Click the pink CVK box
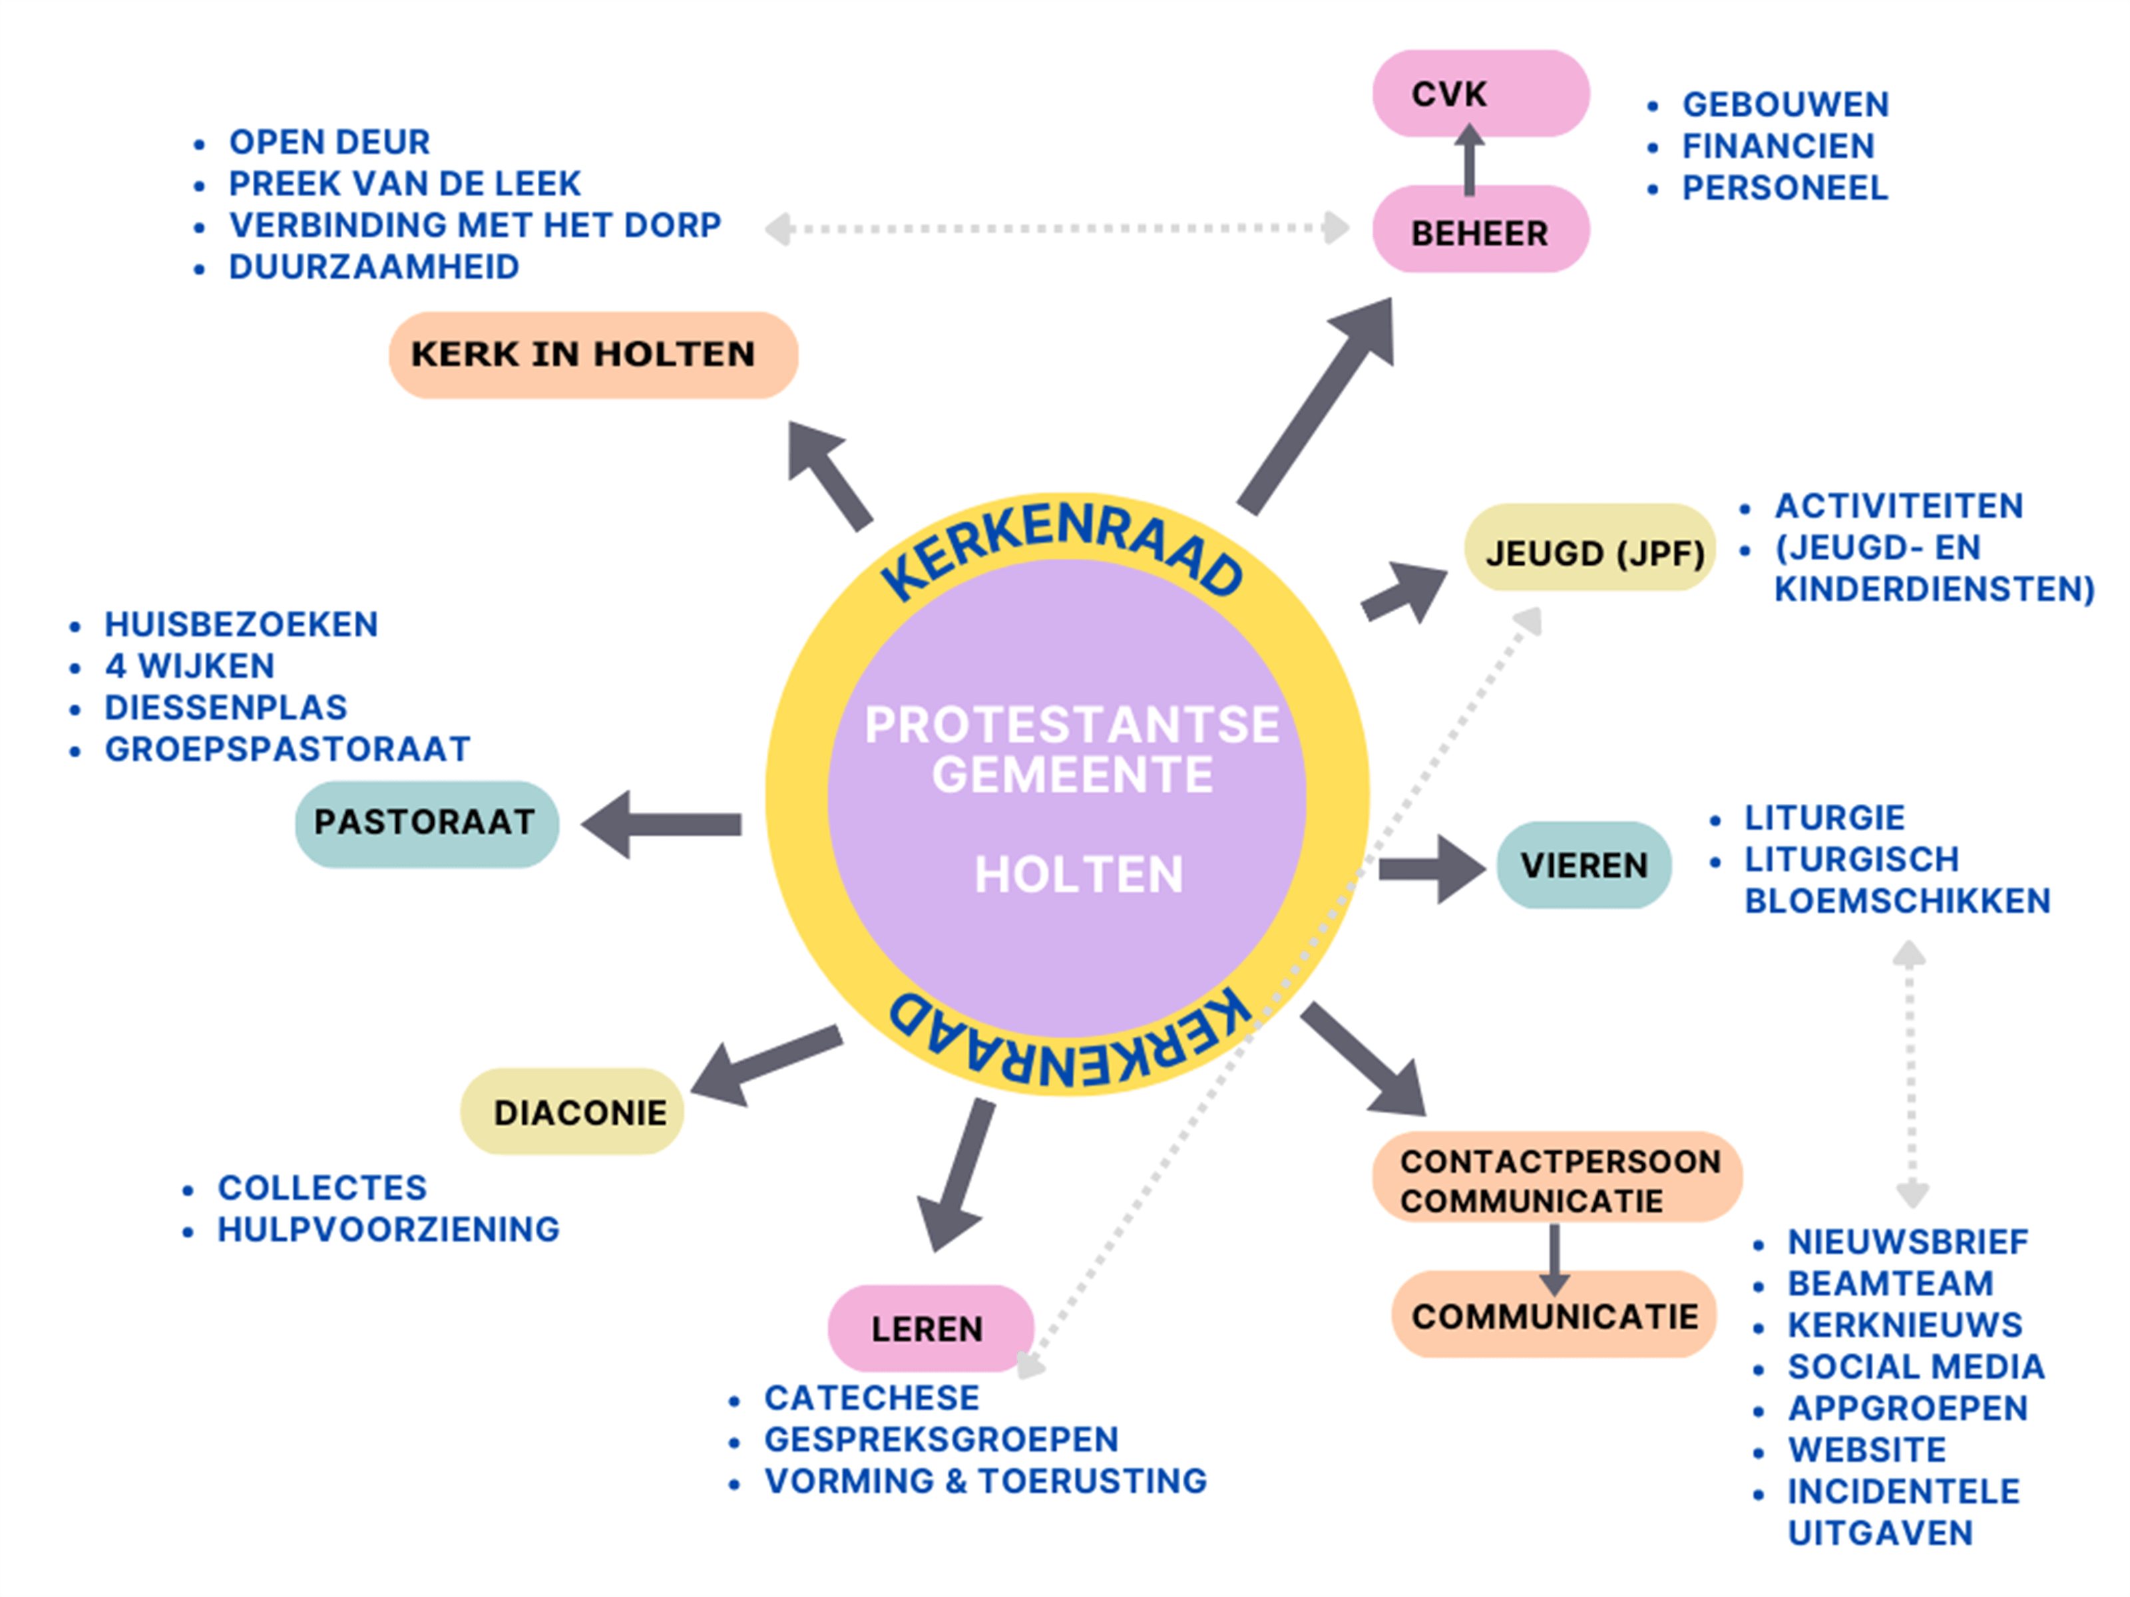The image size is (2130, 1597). coord(1480,93)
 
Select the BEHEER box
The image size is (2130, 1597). coord(1480,231)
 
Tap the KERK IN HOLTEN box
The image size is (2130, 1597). coord(592,354)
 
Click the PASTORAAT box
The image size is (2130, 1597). coord(427,823)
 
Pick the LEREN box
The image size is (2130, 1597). coord(930,1328)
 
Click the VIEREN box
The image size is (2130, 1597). coord(1584,864)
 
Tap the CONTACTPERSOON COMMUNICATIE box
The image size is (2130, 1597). coord(1557,1179)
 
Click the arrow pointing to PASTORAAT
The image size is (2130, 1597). coord(662,824)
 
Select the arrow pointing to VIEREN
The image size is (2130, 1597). coord(1432,868)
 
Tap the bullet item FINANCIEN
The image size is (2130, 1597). coord(1778,146)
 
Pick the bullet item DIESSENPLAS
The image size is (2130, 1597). coord(226,707)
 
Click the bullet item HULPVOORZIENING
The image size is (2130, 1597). coord(388,1229)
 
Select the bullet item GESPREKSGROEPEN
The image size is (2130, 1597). coord(941,1439)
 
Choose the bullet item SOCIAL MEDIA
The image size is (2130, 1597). coord(1915,1366)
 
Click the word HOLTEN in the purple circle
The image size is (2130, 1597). coord(1078,874)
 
